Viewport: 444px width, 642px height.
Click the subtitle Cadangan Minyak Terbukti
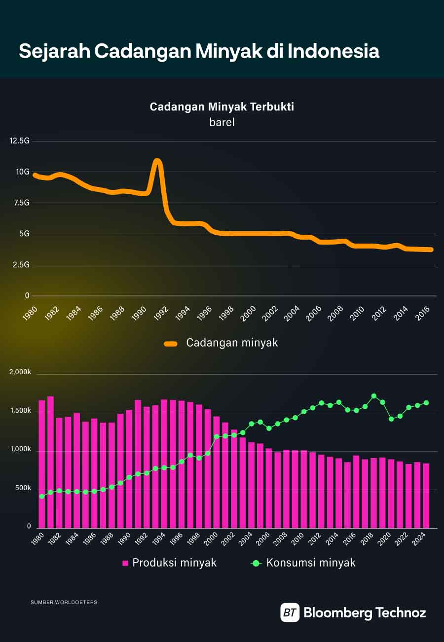pyautogui.click(x=222, y=107)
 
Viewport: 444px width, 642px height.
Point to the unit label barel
pyautogui.click(x=222, y=122)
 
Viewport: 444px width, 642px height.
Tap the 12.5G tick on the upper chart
pyautogui.click(x=20, y=141)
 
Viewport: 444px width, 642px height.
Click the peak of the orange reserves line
pyautogui.click(x=157, y=161)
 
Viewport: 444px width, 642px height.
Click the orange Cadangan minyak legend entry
pyautogui.click(x=222, y=343)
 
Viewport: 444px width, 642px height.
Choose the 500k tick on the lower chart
pyautogui.click(x=23, y=488)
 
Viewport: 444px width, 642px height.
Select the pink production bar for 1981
pyautogui.click(x=50, y=461)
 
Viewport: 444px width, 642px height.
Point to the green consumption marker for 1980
pyautogui.click(x=42, y=497)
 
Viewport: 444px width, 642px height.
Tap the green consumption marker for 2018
pyautogui.click(x=374, y=396)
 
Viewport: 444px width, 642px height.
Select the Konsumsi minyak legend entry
pyautogui.click(x=304, y=563)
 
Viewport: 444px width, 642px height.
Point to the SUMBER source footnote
pyautogui.click(x=64, y=602)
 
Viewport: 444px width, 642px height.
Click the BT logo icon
pyautogui.click(x=290, y=613)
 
